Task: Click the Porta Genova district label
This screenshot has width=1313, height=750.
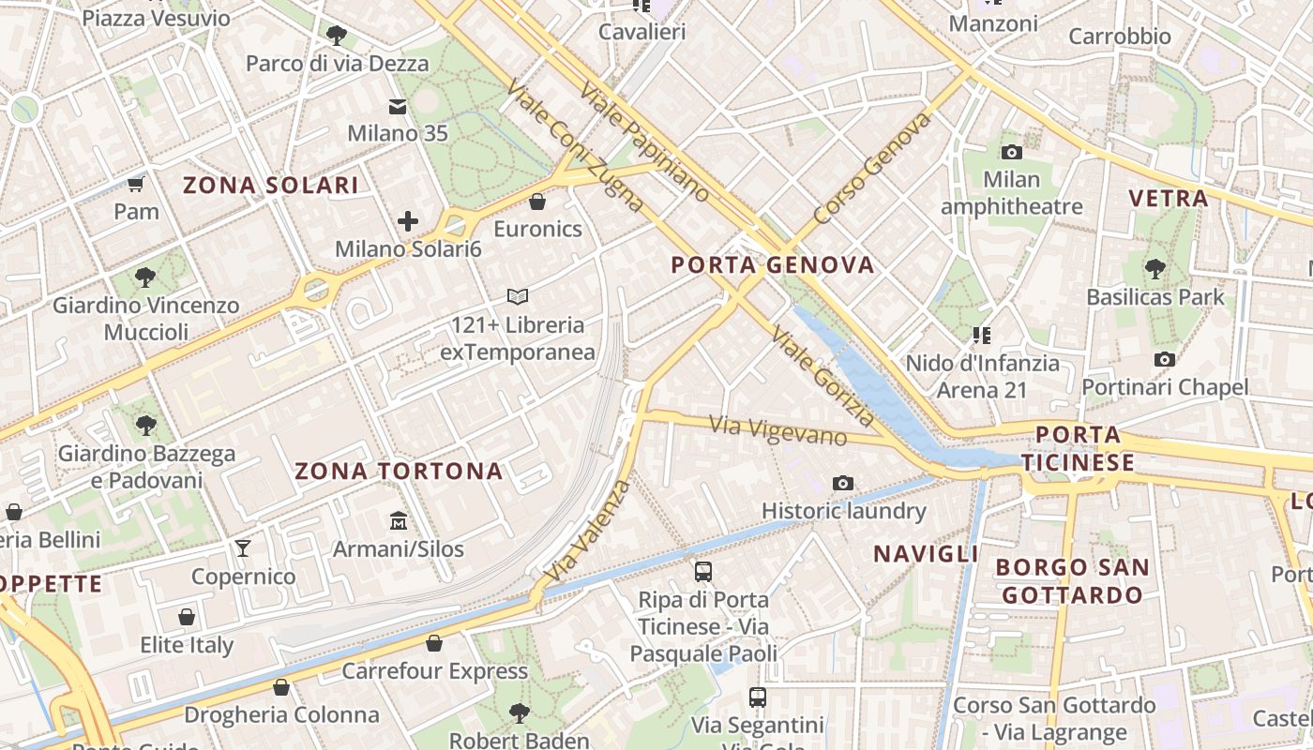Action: click(x=773, y=265)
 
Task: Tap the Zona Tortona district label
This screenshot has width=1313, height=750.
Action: click(x=400, y=472)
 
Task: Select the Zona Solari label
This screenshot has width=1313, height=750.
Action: click(x=270, y=185)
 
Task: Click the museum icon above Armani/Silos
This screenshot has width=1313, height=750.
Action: click(x=399, y=520)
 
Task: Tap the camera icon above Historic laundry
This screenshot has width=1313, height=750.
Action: click(x=843, y=483)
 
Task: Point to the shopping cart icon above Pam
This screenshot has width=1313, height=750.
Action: click(x=136, y=184)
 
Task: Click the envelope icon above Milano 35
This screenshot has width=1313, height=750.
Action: click(x=398, y=106)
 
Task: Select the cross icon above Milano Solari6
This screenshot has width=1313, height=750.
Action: click(x=408, y=221)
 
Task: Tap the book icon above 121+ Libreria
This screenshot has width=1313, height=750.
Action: click(x=518, y=297)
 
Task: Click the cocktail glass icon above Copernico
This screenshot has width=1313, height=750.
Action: click(x=243, y=548)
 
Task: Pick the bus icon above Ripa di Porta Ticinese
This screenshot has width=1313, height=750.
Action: click(x=703, y=571)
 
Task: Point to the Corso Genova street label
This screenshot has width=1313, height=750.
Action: click(x=873, y=170)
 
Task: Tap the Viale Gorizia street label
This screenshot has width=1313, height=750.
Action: click(x=823, y=376)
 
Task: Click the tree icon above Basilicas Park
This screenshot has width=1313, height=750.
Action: click(x=1155, y=269)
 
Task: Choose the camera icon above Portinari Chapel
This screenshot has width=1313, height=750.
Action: click(x=1165, y=359)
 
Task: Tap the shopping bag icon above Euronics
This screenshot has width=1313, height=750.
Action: click(x=537, y=202)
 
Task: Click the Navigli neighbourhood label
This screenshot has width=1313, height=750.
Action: click(x=926, y=554)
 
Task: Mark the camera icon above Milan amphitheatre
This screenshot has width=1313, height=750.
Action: click(x=1011, y=152)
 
